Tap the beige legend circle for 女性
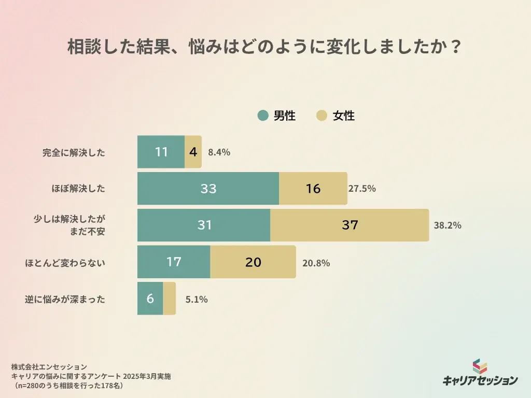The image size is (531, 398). tap(322, 116)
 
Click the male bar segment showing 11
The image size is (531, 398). tap(161, 152)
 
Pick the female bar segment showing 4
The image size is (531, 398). tap(193, 152)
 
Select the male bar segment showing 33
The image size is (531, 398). tap(208, 189)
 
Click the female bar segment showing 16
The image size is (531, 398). tap(313, 189)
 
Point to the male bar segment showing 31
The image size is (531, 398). tap(204, 225)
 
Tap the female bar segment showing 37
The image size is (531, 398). tap(350, 225)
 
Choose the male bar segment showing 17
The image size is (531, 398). tap(174, 262)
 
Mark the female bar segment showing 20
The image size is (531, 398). tap(253, 262)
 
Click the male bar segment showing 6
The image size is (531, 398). tap(150, 298)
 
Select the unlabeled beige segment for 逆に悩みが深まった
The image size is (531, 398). tap(170, 298)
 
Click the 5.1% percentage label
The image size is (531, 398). tap(197, 299)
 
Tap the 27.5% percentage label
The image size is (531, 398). tap(362, 189)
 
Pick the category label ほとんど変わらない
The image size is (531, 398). tap(65, 263)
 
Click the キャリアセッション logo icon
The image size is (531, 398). tap(480, 366)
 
